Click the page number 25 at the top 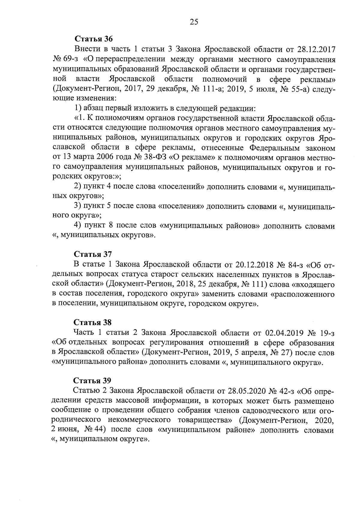(194, 22)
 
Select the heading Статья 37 (93, 254)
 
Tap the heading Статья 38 (93, 322)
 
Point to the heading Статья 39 (93, 381)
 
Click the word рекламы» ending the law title (317, 79)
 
